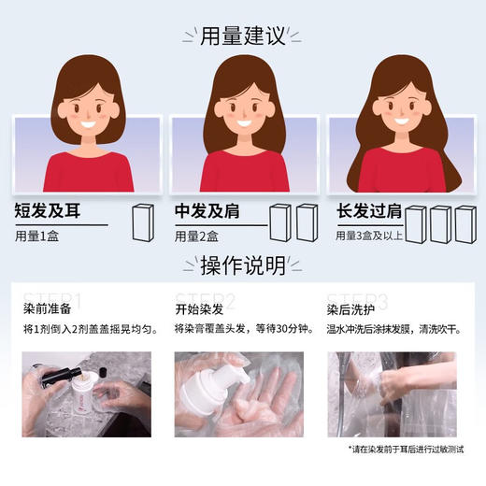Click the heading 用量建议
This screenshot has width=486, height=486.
(242, 36)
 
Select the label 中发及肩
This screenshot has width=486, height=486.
(207, 210)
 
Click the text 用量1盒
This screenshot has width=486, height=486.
(38, 236)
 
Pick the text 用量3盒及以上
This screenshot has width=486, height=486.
(368, 236)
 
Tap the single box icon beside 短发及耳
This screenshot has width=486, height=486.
(142, 222)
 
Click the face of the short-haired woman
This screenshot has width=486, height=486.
(82, 109)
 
